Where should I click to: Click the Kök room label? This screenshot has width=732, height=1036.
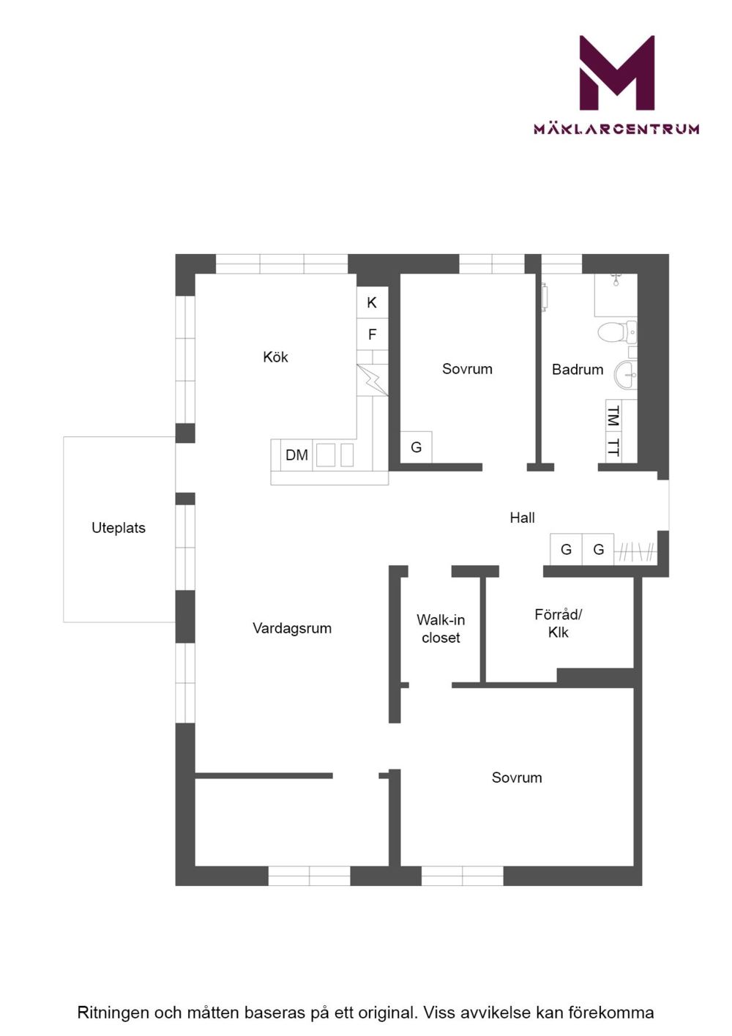[x=275, y=357]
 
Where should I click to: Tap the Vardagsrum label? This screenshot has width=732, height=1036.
[x=292, y=628]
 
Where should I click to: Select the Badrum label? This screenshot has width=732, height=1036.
[x=578, y=369]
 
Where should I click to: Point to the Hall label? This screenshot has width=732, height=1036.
[x=522, y=518]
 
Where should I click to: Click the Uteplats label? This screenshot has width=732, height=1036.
[x=119, y=528]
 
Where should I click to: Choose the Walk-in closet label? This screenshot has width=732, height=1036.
[x=440, y=628]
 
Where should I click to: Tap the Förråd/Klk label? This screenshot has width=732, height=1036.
[x=558, y=623]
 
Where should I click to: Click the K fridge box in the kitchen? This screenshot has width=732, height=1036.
[x=372, y=302]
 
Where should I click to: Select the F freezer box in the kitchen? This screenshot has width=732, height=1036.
[x=372, y=334]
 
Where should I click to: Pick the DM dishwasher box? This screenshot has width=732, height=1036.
[x=296, y=455]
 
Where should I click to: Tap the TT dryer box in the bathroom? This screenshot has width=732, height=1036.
[x=613, y=447]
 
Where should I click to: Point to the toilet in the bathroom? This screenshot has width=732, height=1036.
[x=617, y=331]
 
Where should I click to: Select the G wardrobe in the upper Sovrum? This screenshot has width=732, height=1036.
[x=416, y=447]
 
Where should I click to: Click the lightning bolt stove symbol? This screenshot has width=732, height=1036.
[x=373, y=381]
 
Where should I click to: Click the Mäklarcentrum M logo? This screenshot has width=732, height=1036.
[x=617, y=72]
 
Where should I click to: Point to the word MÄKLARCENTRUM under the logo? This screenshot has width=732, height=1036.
[x=616, y=128]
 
